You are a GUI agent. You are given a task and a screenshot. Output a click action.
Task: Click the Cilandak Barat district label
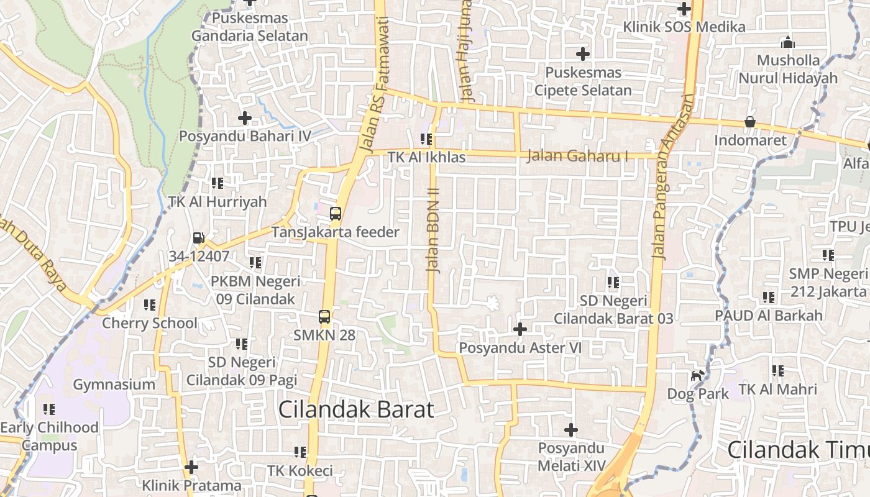tap(355, 409)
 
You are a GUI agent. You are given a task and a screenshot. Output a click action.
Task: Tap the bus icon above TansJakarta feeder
tap(336, 214)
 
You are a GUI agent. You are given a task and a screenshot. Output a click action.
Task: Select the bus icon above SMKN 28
tap(324, 316)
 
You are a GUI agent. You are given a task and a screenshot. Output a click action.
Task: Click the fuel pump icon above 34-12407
tap(198, 238)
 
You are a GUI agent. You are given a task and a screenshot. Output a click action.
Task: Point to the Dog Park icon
tap(698, 375)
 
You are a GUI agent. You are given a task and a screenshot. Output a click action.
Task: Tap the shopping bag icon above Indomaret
tap(750, 122)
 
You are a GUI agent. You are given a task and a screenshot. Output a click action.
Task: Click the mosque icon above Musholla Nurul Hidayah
tap(788, 42)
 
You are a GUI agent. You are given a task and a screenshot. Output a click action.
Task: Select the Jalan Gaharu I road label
tap(577, 155)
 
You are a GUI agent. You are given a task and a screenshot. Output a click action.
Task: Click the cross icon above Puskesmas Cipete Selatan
tap(582, 54)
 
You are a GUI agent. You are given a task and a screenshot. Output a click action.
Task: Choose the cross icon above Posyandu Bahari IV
tap(245, 117)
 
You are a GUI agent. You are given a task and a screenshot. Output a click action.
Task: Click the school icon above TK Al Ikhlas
tap(426, 139)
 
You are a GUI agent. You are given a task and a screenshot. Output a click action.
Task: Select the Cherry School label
tap(149, 323)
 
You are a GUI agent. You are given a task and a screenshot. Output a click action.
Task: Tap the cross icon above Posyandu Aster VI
tap(520, 329)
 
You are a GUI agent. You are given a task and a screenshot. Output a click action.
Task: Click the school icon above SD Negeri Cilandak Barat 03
tap(613, 283)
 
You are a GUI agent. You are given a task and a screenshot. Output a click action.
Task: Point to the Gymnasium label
tap(114, 384)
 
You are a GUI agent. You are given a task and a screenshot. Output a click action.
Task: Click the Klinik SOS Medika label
tap(684, 27)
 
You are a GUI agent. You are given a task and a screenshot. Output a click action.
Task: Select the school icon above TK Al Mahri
tap(778, 371)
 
